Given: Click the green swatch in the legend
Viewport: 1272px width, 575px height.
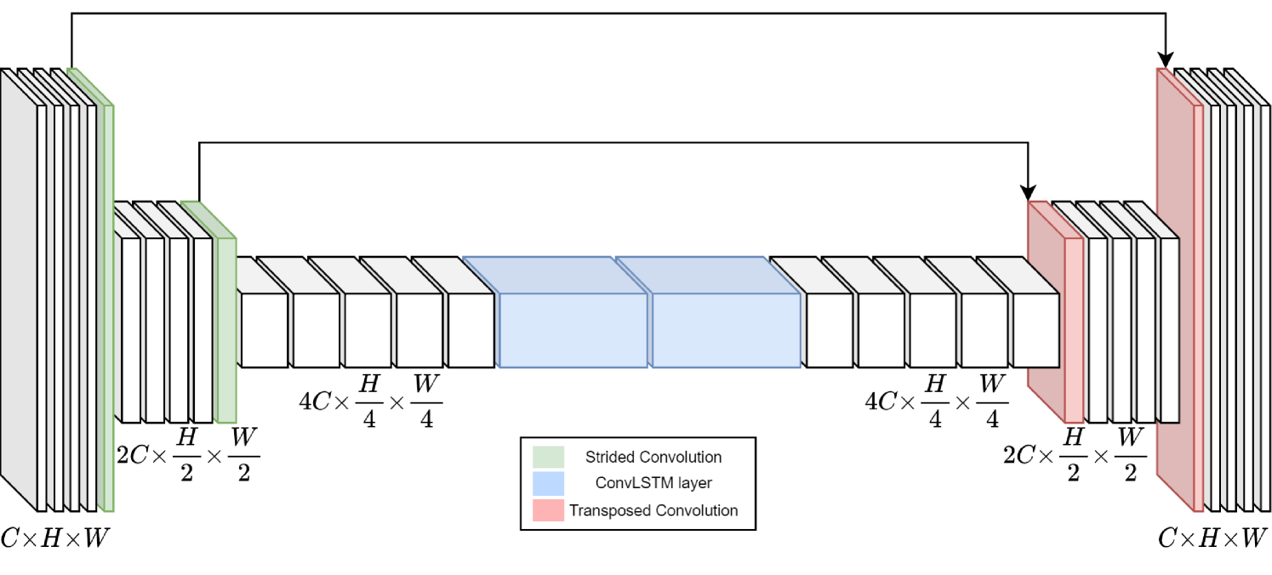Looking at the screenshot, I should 548,457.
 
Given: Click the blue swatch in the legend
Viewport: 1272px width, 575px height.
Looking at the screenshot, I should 548,483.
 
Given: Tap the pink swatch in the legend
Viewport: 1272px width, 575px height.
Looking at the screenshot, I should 548,510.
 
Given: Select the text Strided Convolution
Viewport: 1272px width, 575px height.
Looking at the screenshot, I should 653,457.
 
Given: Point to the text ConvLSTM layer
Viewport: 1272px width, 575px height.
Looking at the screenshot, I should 653,483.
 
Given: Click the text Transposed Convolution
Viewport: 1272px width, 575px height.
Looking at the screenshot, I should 653,510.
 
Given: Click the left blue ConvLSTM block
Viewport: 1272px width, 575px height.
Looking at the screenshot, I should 573,330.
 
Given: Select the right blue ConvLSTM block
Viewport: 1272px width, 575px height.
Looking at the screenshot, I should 726,330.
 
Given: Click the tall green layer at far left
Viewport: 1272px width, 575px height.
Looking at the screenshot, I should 106,306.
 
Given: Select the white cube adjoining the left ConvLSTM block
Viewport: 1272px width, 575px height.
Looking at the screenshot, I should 471,330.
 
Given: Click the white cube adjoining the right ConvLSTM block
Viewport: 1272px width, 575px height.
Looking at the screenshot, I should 829,330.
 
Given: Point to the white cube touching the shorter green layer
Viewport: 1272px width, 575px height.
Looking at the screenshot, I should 202,330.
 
